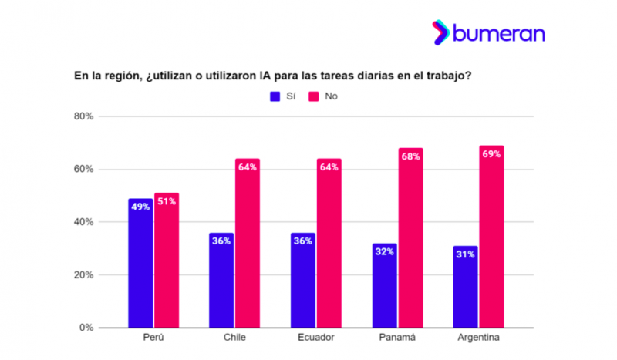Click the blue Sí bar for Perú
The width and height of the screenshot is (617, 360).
point(140,263)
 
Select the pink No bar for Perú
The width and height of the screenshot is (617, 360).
point(166,261)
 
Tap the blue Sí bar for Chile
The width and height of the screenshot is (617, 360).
point(221,280)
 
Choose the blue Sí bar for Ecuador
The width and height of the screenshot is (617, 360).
point(303,280)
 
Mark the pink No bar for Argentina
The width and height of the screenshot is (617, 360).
point(491,237)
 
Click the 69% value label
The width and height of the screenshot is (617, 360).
point(491,154)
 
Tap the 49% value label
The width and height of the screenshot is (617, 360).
point(140,207)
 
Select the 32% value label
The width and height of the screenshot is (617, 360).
point(385,251)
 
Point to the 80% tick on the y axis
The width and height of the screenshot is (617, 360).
point(83,116)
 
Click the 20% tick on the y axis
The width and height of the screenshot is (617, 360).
point(83,274)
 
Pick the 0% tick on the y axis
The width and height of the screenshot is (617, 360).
point(86,328)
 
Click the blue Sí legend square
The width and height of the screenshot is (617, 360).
point(275,96)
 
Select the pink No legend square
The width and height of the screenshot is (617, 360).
point(314,96)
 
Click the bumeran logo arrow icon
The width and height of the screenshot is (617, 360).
point(441,32)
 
